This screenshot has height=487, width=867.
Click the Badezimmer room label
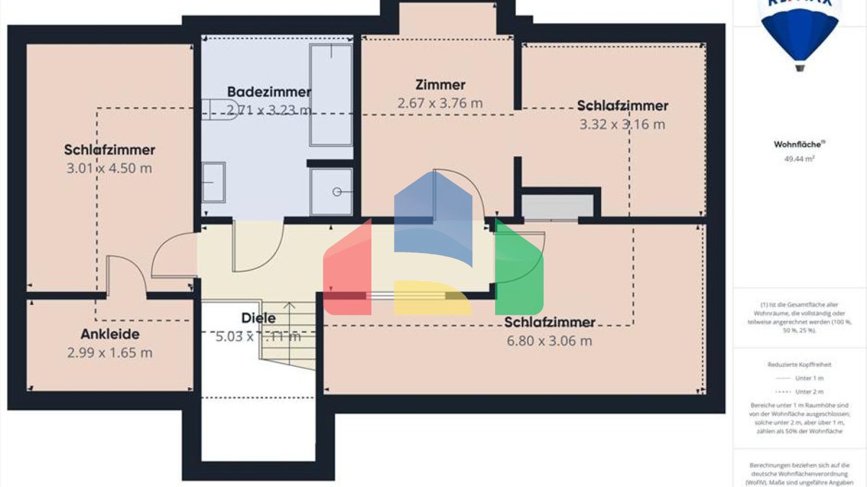tap(269, 92)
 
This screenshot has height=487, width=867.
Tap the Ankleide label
tap(110, 334)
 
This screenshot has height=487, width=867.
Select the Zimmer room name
tap(440, 85)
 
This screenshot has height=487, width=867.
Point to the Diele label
tap(259, 318)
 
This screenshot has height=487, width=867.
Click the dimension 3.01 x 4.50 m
tap(110, 168)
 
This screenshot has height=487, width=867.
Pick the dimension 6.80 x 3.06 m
tap(549, 341)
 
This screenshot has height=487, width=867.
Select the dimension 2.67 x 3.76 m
tap(440, 103)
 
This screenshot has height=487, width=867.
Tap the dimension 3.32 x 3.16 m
tap(622, 125)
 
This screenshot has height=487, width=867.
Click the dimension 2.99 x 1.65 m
tap(110, 353)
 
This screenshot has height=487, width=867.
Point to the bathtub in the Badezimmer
tap(331, 95)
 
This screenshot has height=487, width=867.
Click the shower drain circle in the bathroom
tap(336, 192)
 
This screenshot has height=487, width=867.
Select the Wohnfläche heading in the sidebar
tap(798, 144)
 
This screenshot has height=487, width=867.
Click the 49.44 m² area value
tap(799, 159)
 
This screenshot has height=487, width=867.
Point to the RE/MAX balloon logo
tap(800, 34)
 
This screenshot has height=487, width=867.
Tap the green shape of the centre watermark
tap(518, 271)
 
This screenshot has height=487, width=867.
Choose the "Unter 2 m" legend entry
tap(809, 392)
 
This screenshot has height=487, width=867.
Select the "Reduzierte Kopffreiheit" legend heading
tap(799, 365)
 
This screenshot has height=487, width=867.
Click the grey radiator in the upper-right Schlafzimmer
tap(557, 206)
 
